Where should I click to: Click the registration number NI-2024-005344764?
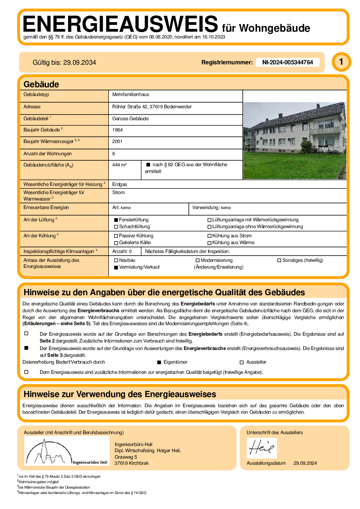[x=287, y=62]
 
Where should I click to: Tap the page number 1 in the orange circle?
[x=341, y=62]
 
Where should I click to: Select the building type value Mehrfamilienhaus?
[x=131, y=95]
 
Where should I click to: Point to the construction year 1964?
[x=117, y=130]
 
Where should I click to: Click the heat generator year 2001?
[x=117, y=142]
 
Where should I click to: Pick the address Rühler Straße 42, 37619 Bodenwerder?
[x=152, y=107]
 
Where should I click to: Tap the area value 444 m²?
[x=119, y=165]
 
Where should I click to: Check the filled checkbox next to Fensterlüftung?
[x=116, y=220]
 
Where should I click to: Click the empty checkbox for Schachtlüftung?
[x=116, y=227]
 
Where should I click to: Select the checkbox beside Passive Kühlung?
[x=116, y=236]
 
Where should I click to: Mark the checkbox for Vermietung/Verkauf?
[x=116, y=267]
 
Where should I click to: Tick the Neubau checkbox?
[x=116, y=260]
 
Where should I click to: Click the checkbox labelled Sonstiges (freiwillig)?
[x=279, y=260]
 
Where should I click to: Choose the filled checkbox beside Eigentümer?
[x=159, y=362]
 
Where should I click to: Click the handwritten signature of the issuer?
[x=261, y=447]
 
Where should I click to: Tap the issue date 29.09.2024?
[x=305, y=463]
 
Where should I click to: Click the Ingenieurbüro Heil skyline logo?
[x=67, y=451]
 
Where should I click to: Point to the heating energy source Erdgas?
[x=119, y=185]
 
